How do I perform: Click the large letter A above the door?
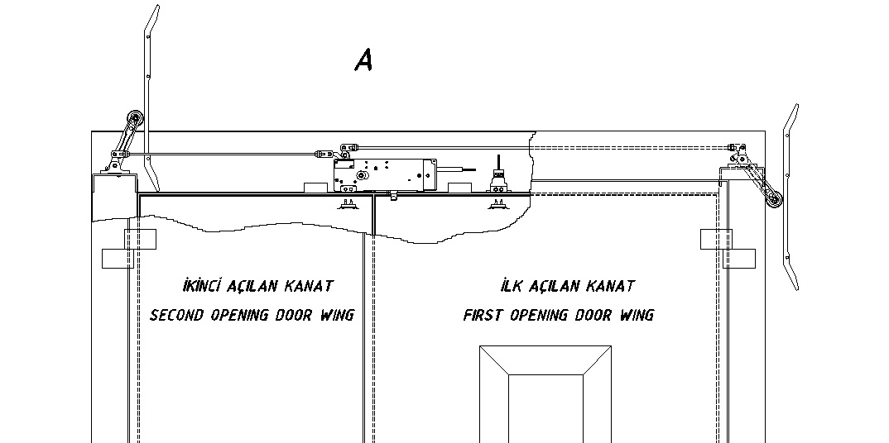coord(363,60)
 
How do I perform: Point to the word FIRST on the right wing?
coord(483,315)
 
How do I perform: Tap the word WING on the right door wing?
coord(637,315)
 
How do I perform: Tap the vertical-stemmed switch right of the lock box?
coord(499,175)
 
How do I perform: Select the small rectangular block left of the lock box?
coord(316,188)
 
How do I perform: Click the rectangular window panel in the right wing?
coord(545,393)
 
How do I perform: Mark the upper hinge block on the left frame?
coord(140,240)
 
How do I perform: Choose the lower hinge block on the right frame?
coord(738,259)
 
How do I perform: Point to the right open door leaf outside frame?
coord(791,198)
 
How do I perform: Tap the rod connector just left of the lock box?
coord(323,154)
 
